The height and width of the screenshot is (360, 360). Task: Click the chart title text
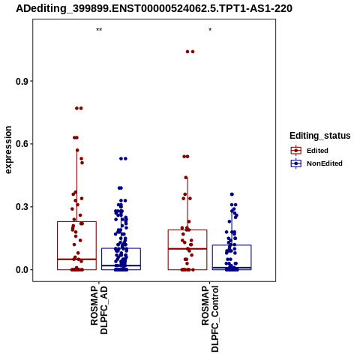154,9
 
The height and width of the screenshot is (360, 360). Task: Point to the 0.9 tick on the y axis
22,82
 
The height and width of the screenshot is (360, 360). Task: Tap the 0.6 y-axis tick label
22,144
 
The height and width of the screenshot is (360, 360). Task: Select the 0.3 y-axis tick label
22,207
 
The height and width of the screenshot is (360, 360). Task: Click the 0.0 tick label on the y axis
22,270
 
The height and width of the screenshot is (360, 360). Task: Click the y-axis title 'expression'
8,150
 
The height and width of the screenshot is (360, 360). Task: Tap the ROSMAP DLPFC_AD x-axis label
99,310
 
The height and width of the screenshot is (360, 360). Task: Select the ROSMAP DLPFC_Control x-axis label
210,319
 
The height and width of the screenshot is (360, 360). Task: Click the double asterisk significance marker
99,30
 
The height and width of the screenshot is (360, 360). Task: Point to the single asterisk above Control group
210,30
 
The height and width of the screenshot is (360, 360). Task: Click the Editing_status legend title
320,136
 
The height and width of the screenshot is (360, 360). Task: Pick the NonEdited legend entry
316,163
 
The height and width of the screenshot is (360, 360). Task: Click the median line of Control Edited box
187,249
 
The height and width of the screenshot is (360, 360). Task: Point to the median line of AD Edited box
76,259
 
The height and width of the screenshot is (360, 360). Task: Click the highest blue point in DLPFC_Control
232,194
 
